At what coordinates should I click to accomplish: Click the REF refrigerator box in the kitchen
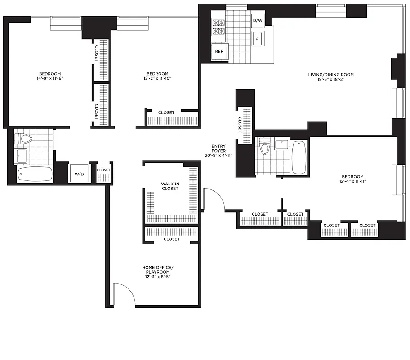[x=219, y=51]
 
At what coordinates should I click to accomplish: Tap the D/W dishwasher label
[x=258, y=21]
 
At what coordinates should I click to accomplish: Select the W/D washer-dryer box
[x=78, y=174]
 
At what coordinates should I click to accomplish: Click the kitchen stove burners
[x=218, y=27]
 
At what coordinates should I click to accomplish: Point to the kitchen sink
[x=258, y=39]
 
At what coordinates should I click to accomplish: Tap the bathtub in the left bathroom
[x=35, y=174]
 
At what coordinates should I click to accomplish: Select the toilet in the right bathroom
[x=265, y=146]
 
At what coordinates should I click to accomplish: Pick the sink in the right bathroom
[x=281, y=145]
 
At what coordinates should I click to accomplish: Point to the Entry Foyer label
[x=219, y=150]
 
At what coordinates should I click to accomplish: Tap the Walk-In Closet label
[x=170, y=186]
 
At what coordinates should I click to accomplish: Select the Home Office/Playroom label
[x=157, y=272]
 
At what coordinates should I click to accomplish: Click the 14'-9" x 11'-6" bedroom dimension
[x=50, y=78]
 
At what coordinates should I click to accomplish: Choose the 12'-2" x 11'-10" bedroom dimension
[x=157, y=78]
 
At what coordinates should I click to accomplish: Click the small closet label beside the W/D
[x=103, y=170]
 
